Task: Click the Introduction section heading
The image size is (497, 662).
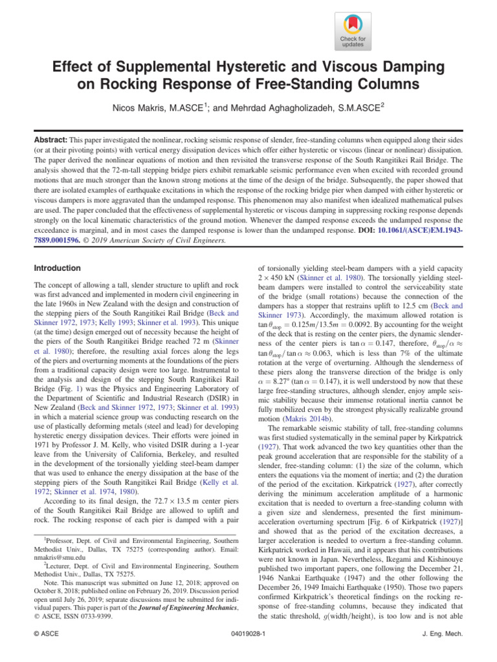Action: coord(57,268)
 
